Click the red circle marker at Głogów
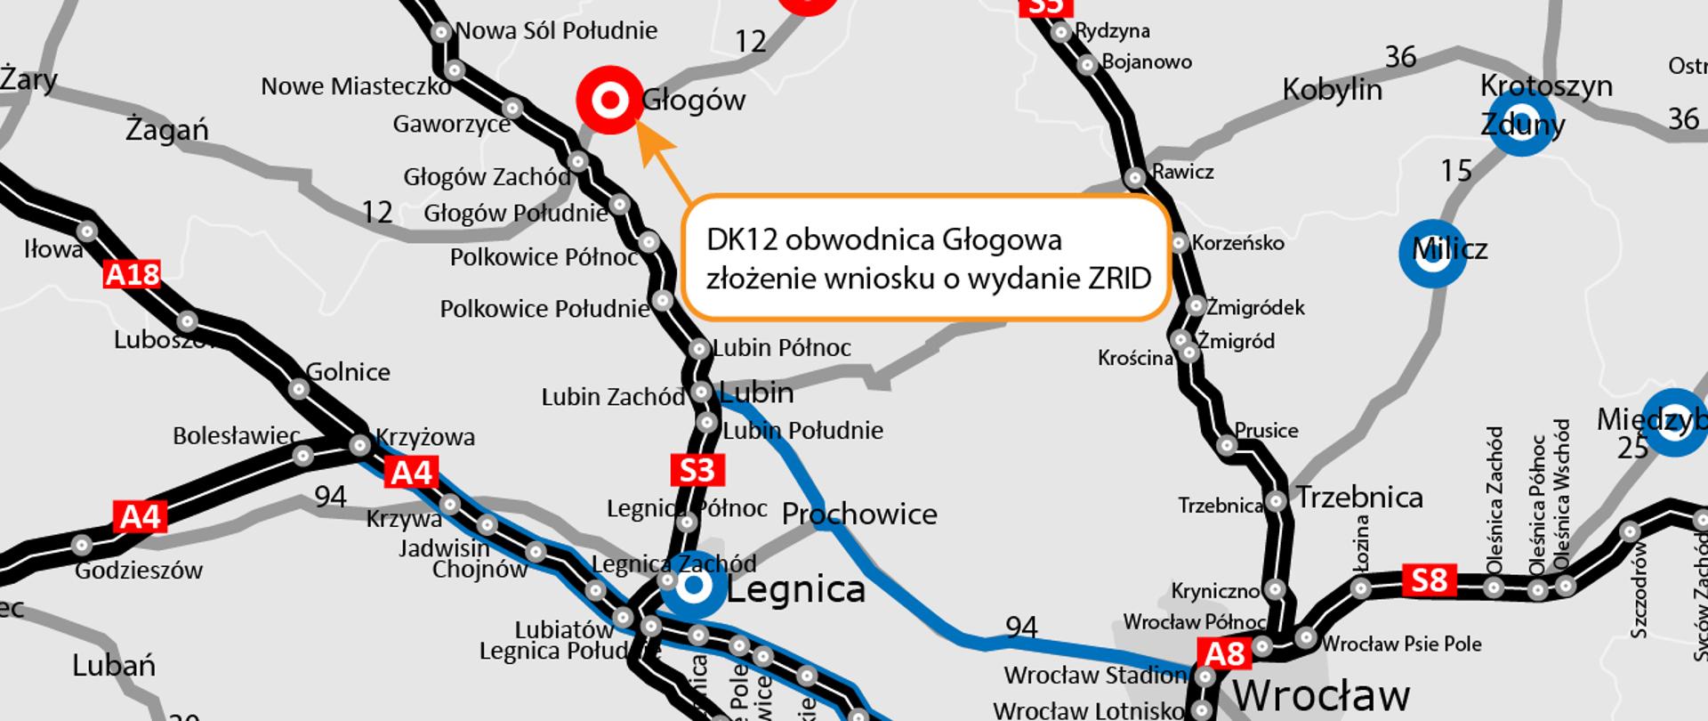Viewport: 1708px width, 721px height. [610, 101]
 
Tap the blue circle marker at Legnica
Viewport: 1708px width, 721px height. [695, 587]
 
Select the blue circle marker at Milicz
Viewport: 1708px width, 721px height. [1432, 253]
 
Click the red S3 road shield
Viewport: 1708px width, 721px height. [697, 470]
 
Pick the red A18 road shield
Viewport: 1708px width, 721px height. [133, 274]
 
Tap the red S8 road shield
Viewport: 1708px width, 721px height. [1430, 580]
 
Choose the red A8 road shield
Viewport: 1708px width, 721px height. [1224, 654]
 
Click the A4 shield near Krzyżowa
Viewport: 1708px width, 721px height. [412, 472]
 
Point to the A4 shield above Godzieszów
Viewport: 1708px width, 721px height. [141, 516]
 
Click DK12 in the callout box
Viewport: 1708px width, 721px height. [742, 240]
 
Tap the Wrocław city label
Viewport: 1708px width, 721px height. [1320, 694]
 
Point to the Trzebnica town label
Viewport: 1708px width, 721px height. [1359, 497]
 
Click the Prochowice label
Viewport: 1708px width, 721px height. [858, 514]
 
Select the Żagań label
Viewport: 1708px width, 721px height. [167, 130]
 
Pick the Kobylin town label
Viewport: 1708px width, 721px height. [1332, 90]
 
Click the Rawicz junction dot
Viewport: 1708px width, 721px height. [1134, 178]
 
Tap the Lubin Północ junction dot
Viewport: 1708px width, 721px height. [699, 348]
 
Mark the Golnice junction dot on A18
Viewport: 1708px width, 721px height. [299, 389]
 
